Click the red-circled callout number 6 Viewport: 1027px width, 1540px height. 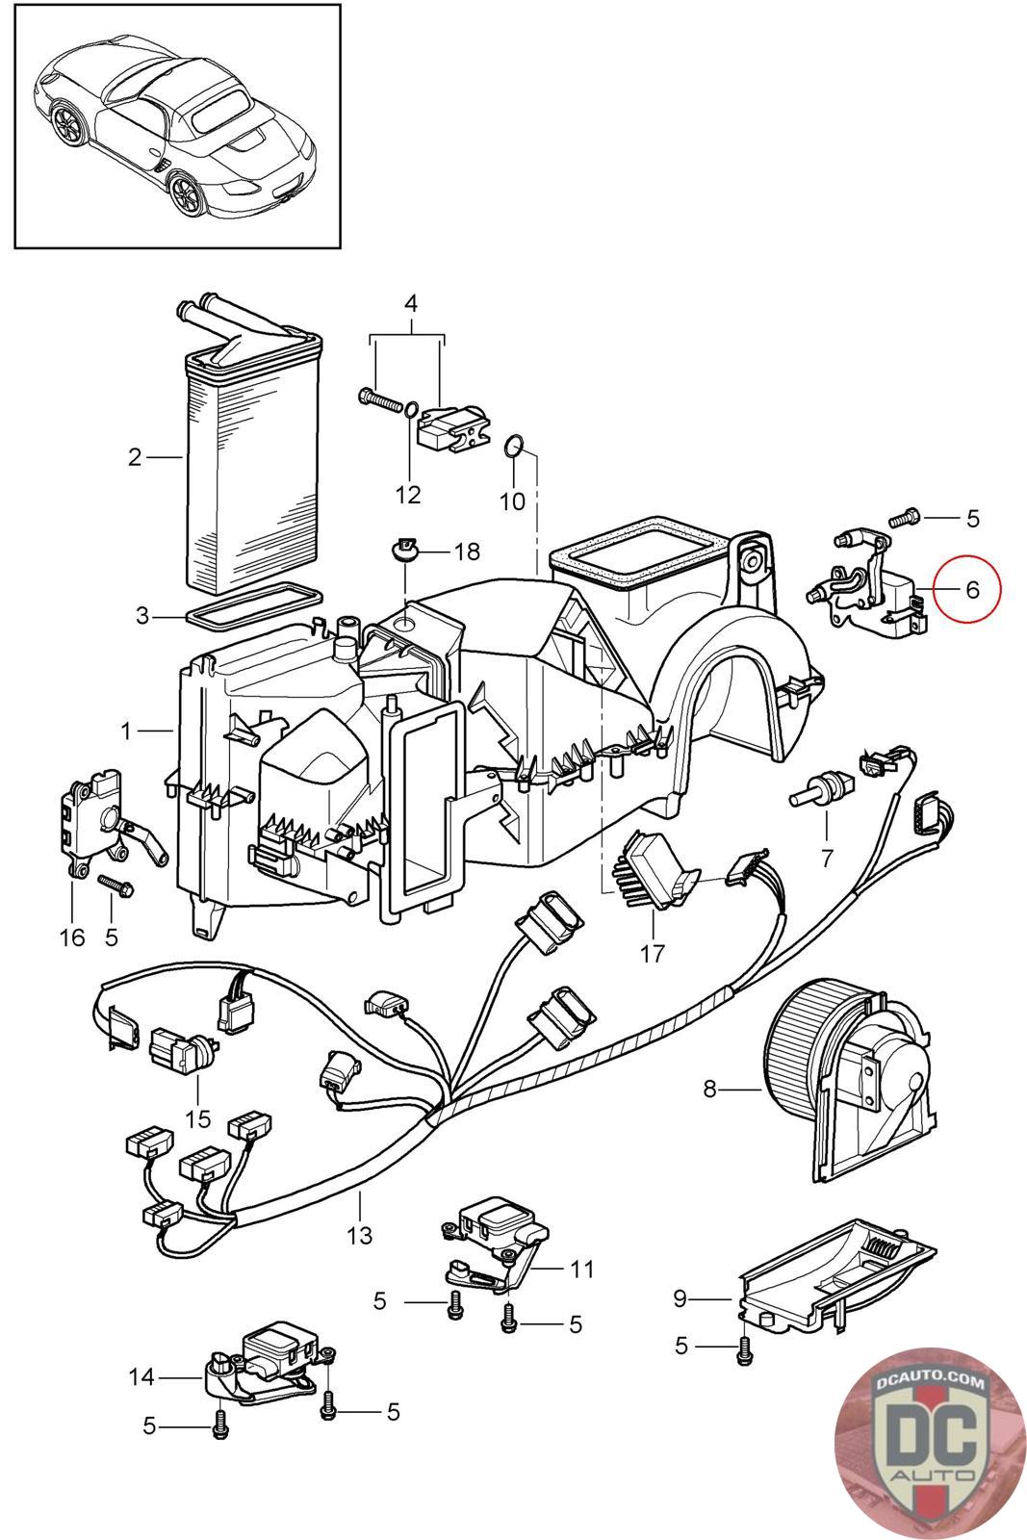(971, 589)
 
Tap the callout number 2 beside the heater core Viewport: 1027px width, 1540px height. (135, 456)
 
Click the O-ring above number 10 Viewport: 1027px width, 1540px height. (515, 446)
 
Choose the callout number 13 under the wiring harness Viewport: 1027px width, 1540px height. (359, 1234)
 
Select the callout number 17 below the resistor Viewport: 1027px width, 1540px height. (653, 954)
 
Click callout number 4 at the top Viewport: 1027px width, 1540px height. (410, 303)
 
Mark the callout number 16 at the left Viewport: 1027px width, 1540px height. (73, 937)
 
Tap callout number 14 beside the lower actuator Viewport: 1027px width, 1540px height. (141, 1378)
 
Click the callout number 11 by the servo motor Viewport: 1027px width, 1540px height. (581, 1270)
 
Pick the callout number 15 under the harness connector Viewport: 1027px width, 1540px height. (197, 1119)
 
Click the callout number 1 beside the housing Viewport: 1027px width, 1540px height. (126, 731)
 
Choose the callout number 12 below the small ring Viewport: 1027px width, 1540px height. (408, 495)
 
